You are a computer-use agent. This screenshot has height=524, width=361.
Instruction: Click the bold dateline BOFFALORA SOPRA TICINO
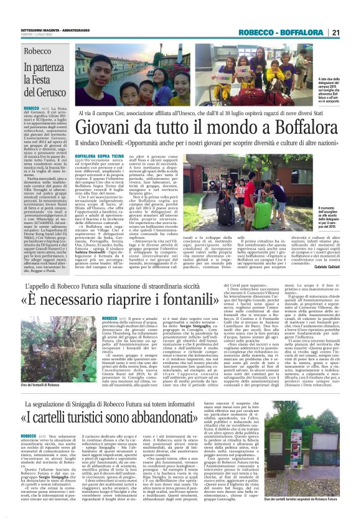pyautogui.click(x=100, y=152)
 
